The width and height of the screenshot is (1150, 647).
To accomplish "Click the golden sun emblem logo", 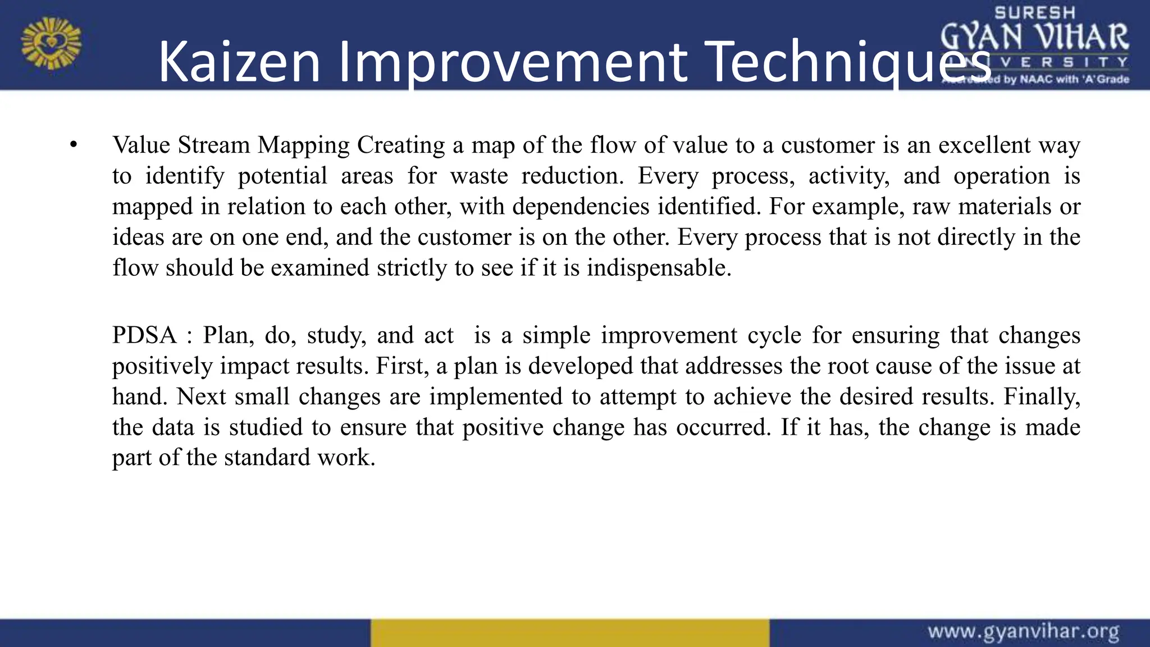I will click(51, 43).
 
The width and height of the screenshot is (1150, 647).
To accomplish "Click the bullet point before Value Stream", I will click(72, 145).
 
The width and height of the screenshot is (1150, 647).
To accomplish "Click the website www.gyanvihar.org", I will click(1023, 632).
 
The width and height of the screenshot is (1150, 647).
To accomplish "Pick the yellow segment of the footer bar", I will click(569, 633).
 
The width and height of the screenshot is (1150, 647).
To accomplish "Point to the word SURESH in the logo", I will click(1035, 13).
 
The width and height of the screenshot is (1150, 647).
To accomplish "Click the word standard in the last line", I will click(267, 458).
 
